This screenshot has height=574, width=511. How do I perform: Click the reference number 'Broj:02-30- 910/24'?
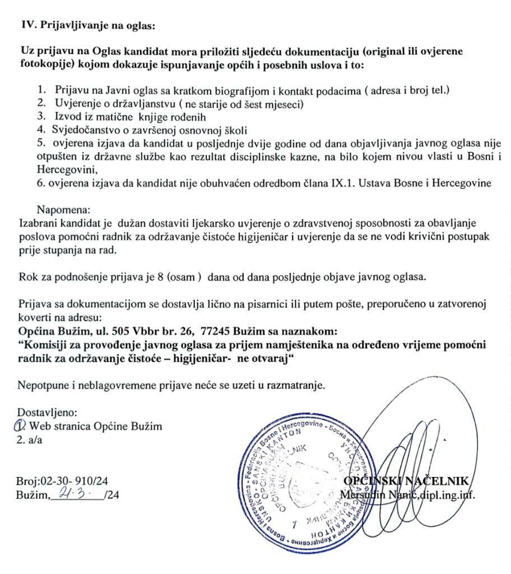point(57,482)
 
